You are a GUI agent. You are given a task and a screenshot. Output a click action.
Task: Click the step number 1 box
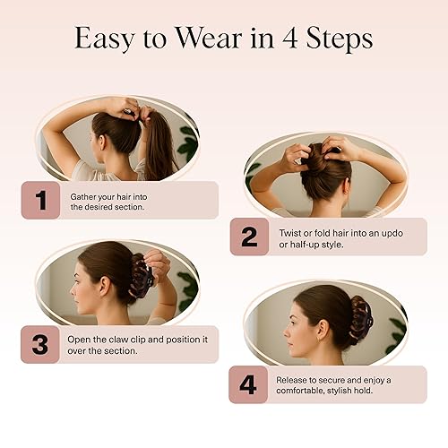pyautogui.click(x=40, y=200)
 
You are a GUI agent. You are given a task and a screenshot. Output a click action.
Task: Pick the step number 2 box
pyautogui.click(x=248, y=237)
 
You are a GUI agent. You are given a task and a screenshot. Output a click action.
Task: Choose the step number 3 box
pyautogui.click(x=40, y=344)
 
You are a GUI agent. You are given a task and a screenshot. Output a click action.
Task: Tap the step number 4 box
pyautogui.click(x=248, y=383)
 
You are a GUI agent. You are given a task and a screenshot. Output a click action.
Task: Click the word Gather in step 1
pyautogui.click(x=82, y=194)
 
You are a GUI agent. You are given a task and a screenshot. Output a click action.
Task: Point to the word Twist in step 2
pyautogui.click(x=289, y=231)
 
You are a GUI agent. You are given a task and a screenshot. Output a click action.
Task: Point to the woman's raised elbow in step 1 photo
pyautogui.click(x=50, y=134)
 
